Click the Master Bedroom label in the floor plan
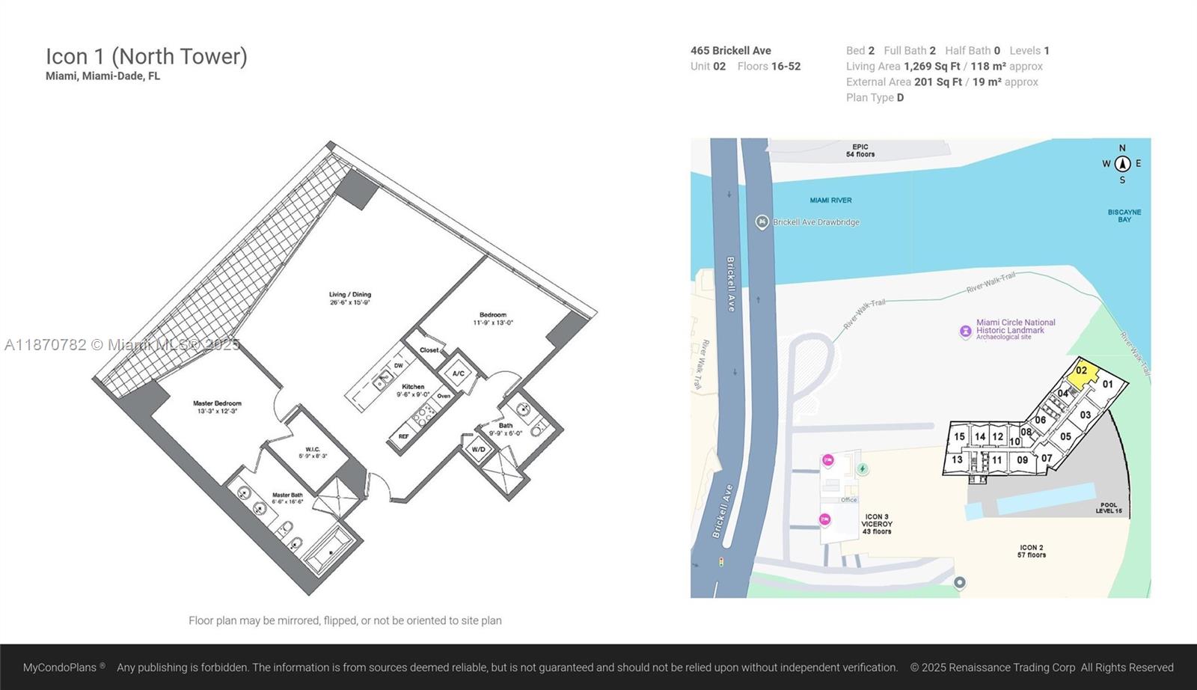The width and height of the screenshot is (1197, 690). [217, 407]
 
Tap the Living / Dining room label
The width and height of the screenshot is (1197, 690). [350, 298]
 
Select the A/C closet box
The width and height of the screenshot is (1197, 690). [459, 373]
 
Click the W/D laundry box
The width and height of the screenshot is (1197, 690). [478, 450]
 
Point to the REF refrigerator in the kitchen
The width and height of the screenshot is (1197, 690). [403, 436]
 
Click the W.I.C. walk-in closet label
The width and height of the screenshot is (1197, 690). [313, 452]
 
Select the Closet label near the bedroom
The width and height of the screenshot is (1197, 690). [429, 350]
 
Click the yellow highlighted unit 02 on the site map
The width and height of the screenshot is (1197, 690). [1082, 372]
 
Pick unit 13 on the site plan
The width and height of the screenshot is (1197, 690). [957, 460]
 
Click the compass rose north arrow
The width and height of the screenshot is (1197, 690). [1122, 164]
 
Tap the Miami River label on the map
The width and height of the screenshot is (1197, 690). [830, 201]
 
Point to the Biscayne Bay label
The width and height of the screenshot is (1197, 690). [1124, 216]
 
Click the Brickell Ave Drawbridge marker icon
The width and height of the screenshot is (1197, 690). [762, 222]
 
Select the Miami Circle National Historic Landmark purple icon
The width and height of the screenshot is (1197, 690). [966, 331]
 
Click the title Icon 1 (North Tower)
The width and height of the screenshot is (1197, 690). [147, 56]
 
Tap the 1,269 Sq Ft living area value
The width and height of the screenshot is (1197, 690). [931, 67]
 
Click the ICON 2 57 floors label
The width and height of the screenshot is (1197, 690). [1031, 552]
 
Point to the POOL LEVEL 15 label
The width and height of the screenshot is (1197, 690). [1109, 508]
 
